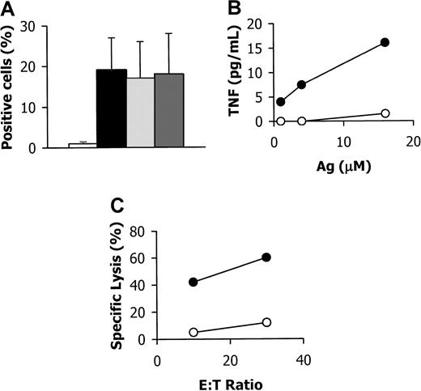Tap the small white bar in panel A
click(82, 146)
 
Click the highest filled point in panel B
click(385, 42)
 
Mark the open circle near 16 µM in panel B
click(385, 113)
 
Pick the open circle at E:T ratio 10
click(193, 332)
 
